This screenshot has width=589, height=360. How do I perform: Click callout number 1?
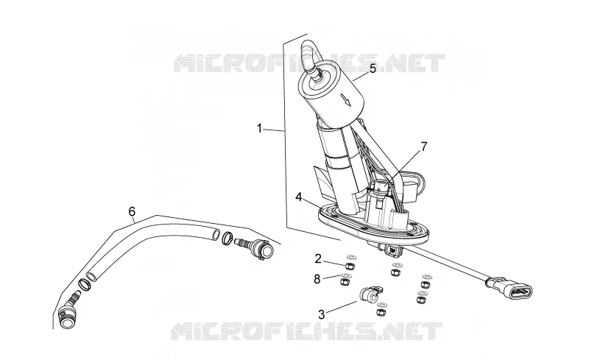pyautogui.click(x=259, y=129)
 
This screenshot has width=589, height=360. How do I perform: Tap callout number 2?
pyautogui.click(x=318, y=258)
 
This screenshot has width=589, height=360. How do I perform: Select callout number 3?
pyautogui.click(x=321, y=314)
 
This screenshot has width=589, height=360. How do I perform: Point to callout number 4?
pyautogui.click(x=299, y=197)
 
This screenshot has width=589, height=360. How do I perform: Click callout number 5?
pyautogui.click(x=373, y=68)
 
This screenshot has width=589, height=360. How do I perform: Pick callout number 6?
pyautogui.click(x=132, y=211)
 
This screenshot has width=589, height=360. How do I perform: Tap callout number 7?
pyautogui.click(x=424, y=147)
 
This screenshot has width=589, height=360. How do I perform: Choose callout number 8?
pyautogui.click(x=317, y=279)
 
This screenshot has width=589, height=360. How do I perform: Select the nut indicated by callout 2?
pyautogui.click(x=350, y=266)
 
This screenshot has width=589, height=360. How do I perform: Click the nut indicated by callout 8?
pyautogui.click(x=345, y=281)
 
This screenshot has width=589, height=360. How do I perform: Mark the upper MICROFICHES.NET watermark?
pyautogui.click(x=308, y=63)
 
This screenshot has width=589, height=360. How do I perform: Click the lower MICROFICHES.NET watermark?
pyautogui.click(x=306, y=331)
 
